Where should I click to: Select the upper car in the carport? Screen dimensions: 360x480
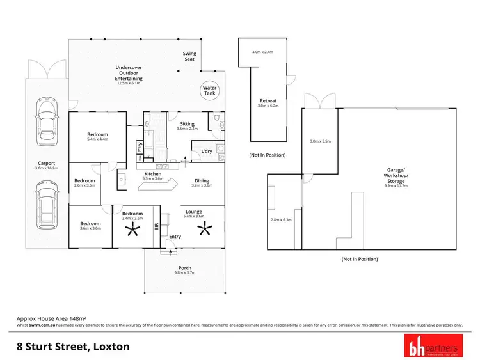click(45, 115)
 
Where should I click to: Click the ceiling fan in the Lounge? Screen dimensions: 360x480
click(206, 228)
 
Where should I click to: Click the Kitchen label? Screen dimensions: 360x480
click(153, 174)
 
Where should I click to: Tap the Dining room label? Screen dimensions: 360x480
click(202, 181)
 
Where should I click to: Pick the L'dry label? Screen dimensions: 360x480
click(207, 151)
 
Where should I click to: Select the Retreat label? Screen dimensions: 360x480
click(268, 101)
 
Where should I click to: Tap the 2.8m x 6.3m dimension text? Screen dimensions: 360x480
click(281, 219)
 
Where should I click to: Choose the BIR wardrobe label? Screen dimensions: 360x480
click(156, 225)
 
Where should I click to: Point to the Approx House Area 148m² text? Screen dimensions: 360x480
click(51, 318)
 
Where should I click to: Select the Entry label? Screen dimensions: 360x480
click(175, 237)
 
